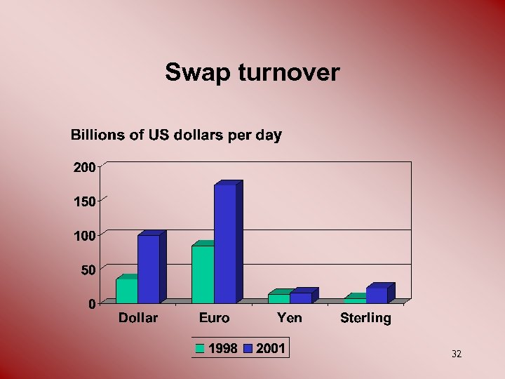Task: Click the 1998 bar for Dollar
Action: tap(127, 291)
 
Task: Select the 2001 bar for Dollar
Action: tap(149, 268)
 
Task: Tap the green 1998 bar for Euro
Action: tap(203, 274)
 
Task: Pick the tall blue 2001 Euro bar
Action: tap(225, 243)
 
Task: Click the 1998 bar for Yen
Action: tap(278, 298)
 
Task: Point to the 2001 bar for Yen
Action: tap(301, 298)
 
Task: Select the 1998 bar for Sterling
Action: tap(355, 300)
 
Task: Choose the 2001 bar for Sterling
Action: tap(377, 295)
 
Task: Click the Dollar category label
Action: tap(138, 318)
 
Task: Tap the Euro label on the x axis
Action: tap(214, 318)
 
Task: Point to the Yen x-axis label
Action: tap(290, 318)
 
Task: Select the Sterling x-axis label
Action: tap(365, 318)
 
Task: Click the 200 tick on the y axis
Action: tap(83, 167)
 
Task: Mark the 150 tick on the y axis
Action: tap(83, 201)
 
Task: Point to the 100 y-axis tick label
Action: tap(83, 235)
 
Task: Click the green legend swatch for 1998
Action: tap(201, 348)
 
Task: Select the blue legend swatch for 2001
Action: tap(248, 348)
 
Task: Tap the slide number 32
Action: tap(457, 354)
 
